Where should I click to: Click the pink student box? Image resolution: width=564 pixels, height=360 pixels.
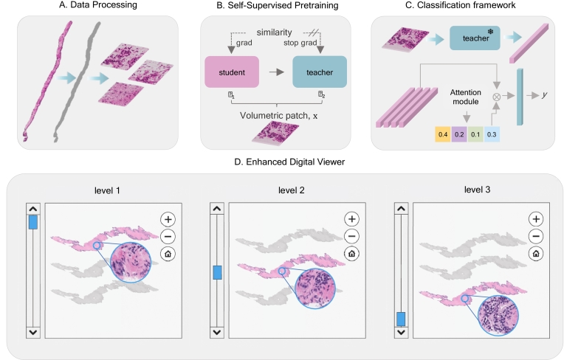pyautogui.click(x=232, y=72)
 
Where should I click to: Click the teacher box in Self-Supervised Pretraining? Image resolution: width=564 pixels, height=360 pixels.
pyautogui.click(x=320, y=72)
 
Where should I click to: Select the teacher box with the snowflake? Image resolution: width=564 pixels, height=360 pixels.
pyautogui.click(x=475, y=38)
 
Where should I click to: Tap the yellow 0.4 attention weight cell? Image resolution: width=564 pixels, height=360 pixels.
pyautogui.click(x=443, y=134)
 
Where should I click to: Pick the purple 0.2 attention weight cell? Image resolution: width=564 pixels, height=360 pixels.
pyautogui.click(x=459, y=134)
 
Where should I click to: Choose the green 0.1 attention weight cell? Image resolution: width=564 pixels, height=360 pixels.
pyautogui.click(x=475, y=134)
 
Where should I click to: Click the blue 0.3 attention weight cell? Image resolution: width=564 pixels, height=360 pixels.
pyautogui.click(x=492, y=134)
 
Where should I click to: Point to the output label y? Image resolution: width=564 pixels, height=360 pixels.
pyautogui.click(x=545, y=95)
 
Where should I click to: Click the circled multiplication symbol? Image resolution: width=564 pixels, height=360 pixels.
pyautogui.click(x=496, y=97)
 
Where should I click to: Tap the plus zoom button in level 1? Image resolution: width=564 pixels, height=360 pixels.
pyautogui.click(x=168, y=219)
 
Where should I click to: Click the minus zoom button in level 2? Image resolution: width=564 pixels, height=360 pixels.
pyautogui.click(x=352, y=236)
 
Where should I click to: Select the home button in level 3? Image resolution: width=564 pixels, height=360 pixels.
pyautogui.click(x=536, y=254)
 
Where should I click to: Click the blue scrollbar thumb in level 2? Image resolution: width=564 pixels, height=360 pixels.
pyautogui.click(x=217, y=272)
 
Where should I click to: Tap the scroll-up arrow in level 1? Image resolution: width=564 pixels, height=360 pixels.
pyautogui.click(x=33, y=209)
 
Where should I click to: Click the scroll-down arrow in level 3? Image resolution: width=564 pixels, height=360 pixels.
pyautogui.click(x=401, y=332)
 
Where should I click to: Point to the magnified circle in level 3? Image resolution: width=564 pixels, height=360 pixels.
pyautogui.click(x=498, y=316)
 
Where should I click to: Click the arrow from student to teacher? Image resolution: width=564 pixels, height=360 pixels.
pyautogui.click(x=276, y=72)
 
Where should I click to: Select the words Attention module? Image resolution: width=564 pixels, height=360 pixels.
pyautogui.click(x=465, y=97)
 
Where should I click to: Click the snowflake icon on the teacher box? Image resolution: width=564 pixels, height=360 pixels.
pyautogui.click(x=490, y=32)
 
